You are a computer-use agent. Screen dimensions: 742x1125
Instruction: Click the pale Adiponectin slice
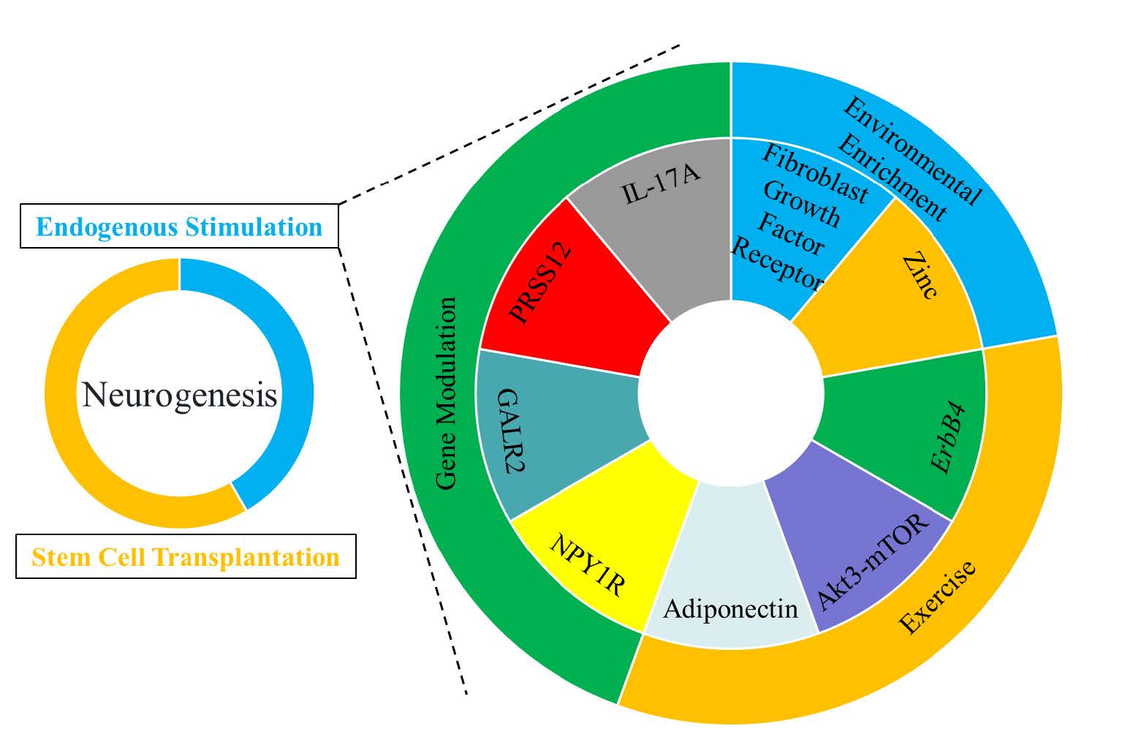[731, 585]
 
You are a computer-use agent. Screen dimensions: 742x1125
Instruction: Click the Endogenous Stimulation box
[179, 227]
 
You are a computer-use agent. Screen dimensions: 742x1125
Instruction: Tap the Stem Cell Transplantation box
[186, 557]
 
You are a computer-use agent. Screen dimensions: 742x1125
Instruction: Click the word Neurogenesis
[179, 395]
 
